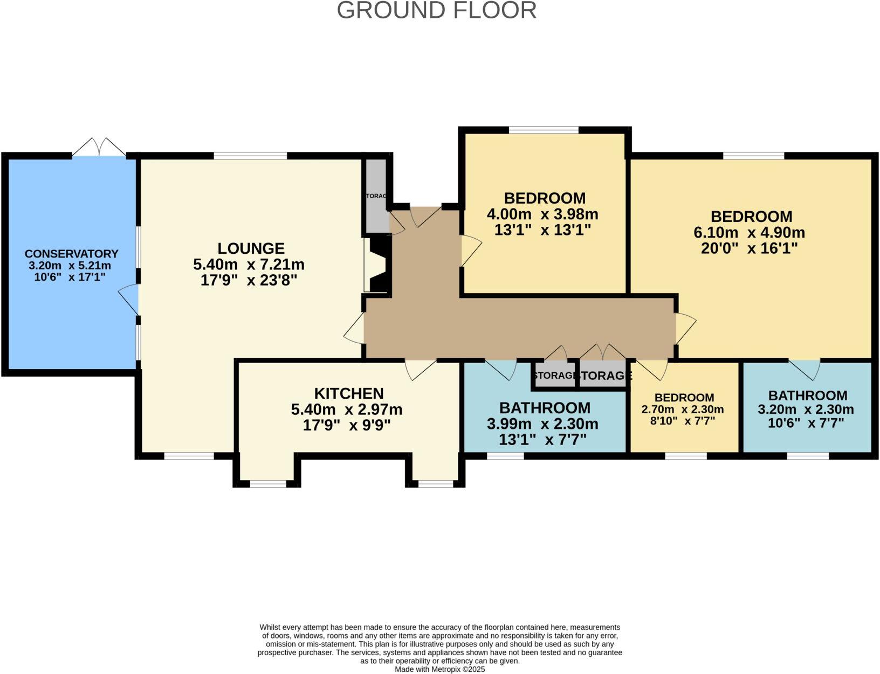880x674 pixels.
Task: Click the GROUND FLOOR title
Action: tap(437, 11)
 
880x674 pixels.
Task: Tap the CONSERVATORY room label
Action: tap(71, 254)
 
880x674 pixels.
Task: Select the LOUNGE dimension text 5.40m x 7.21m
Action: tap(249, 265)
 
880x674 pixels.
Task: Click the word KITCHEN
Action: tap(349, 393)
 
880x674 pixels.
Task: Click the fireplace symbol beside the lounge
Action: tap(376, 265)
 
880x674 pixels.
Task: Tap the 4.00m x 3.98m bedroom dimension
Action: tap(542, 214)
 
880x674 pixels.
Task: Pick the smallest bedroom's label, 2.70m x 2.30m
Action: tap(683, 409)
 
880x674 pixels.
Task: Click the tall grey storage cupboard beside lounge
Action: tap(377, 196)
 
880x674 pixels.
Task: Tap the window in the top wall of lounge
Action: tap(250, 156)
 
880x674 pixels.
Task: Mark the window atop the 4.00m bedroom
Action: tap(544, 130)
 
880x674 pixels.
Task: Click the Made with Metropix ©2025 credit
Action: tap(440, 669)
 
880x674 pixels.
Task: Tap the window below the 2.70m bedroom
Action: tap(685, 456)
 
